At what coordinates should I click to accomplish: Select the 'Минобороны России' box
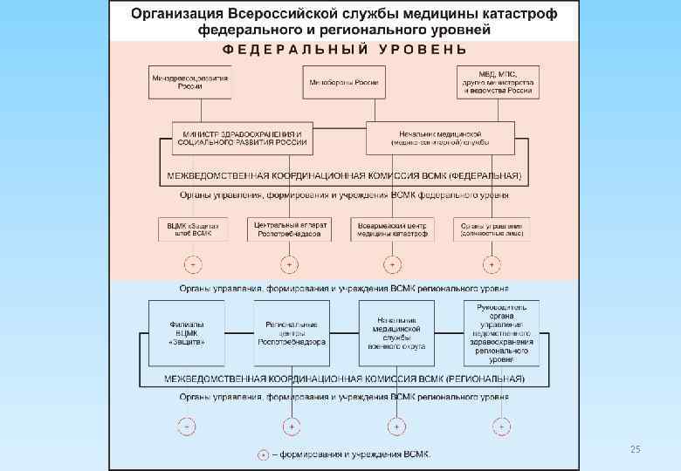coord(343,82)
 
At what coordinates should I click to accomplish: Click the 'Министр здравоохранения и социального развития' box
coord(243,137)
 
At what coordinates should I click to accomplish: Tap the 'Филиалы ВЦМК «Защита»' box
coord(187,332)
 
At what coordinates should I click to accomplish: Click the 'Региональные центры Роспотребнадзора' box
coord(291,332)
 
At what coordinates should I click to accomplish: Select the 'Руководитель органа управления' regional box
coord(500,332)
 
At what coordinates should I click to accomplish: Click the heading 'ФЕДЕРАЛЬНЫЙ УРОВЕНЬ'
coord(344,50)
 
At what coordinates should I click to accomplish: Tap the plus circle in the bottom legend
coord(263,454)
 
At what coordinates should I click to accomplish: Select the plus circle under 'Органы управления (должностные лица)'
coord(492,264)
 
